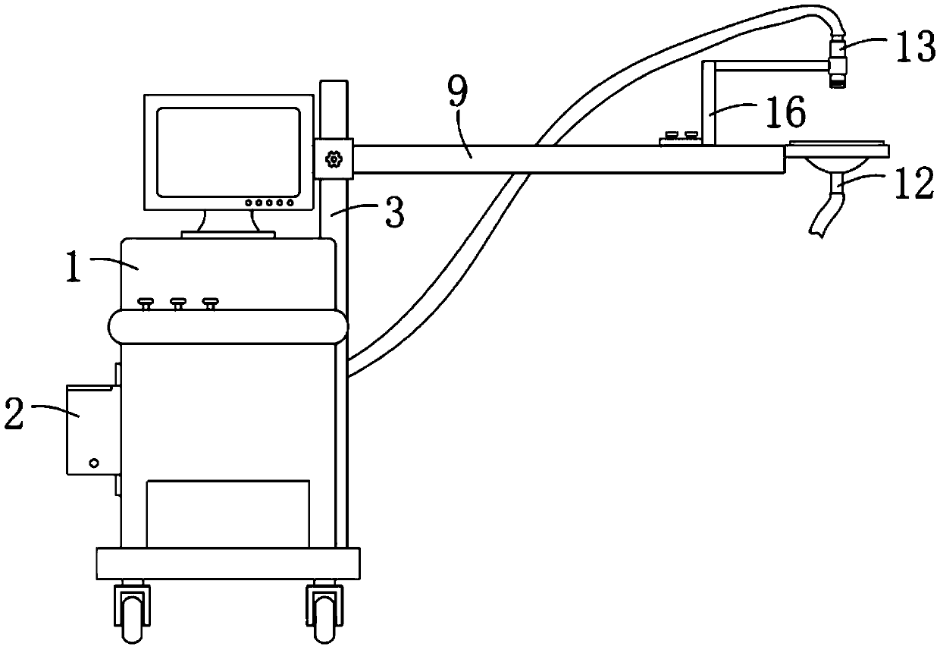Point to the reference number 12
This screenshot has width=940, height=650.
click(x=912, y=186)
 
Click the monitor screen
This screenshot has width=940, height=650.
click(x=229, y=152)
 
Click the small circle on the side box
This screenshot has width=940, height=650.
click(x=94, y=461)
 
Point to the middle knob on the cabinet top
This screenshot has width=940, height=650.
click(x=178, y=303)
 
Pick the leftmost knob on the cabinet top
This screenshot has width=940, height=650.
click(x=146, y=303)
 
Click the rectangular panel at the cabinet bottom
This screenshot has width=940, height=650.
click(x=227, y=513)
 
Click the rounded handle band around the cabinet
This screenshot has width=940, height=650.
click(x=227, y=327)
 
